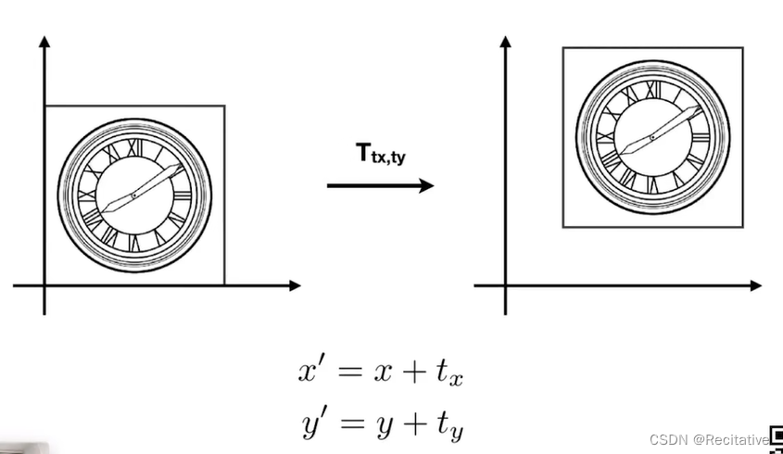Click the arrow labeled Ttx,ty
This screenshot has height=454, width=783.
(x=380, y=185)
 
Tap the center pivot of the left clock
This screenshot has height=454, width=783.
(x=133, y=195)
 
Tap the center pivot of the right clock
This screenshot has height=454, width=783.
(x=651, y=137)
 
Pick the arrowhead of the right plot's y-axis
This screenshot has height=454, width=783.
(x=506, y=42)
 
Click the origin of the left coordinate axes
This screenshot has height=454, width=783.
(x=44, y=285)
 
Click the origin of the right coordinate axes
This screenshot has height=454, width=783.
(x=506, y=285)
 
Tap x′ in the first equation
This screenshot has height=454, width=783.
(x=310, y=372)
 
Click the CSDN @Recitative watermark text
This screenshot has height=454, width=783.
(x=709, y=439)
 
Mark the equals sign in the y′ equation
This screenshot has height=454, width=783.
(x=347, y=423)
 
